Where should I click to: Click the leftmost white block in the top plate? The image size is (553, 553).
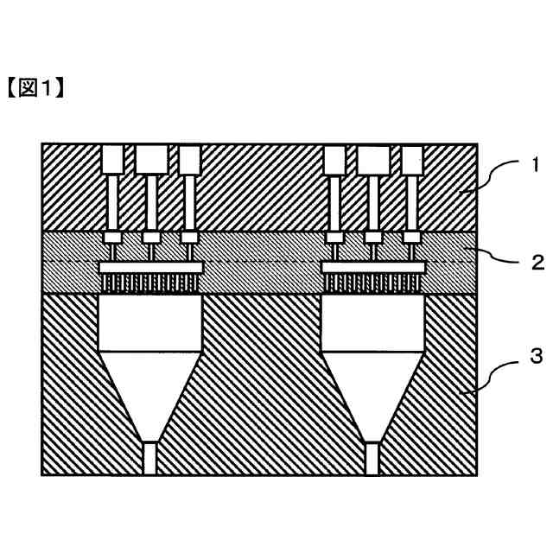pos(111,158)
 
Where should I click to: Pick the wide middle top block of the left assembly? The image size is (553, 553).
pos(151,158)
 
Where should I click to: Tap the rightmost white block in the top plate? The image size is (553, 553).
pos(413,158)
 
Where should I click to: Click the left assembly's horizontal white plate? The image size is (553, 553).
pos(151,269)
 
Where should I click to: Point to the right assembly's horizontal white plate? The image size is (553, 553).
pos(373,269)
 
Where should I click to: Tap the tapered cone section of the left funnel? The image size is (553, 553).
pos(151,393)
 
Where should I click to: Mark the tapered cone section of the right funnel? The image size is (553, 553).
pos(373,393)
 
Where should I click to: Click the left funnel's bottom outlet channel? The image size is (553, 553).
pos(151,458)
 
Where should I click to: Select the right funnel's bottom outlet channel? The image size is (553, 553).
pos(373,458)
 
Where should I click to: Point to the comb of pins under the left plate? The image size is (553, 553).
pos(151,283)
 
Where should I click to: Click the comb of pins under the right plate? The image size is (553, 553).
pos(373,283)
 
